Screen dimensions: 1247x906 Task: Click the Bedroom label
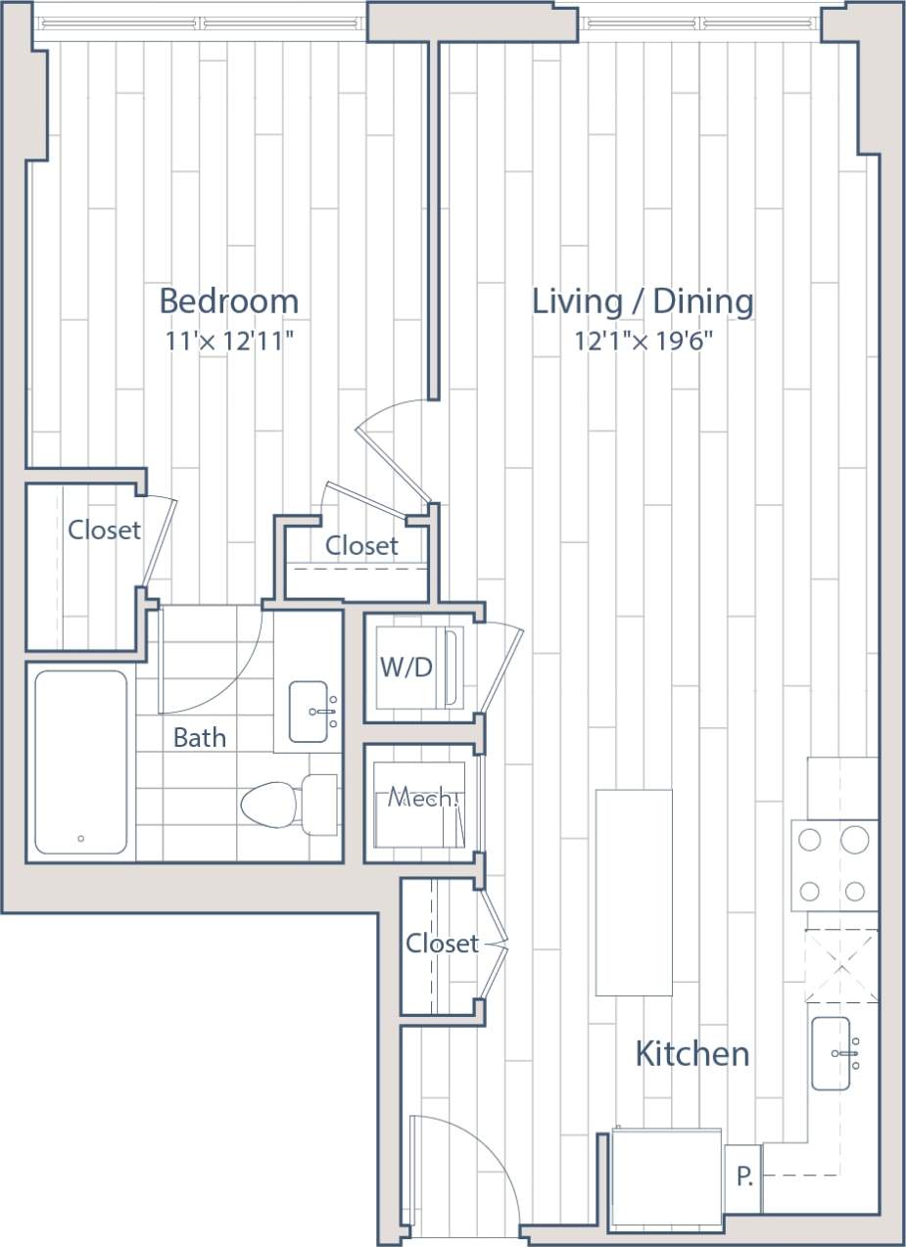[229, 300]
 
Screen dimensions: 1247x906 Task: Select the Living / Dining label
[643, 300]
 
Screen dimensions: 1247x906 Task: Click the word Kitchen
[692, 1054]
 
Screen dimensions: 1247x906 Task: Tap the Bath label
[199, 737]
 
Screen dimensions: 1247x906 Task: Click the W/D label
[405, 667]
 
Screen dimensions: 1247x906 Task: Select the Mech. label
[422, 798]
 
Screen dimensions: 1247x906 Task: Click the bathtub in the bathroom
[80, 762]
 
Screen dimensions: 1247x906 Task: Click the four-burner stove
[834, 865]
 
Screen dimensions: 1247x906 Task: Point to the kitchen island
[634, 892]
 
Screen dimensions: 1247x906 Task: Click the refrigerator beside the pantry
[667, 1178]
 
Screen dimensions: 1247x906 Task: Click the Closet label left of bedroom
[104, 531]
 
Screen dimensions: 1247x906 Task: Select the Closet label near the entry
[442, 944]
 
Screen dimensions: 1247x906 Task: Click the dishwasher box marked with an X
[841, 966]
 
